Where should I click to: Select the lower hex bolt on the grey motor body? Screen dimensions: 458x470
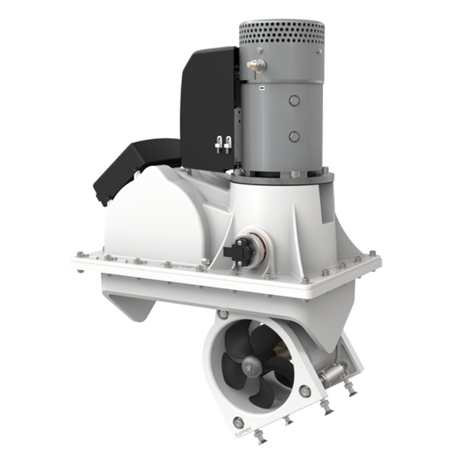(x=294, y=137)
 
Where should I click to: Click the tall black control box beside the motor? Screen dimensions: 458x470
(x=208, y=108)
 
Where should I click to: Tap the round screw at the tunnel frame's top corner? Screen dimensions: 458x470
(x=223, y=313)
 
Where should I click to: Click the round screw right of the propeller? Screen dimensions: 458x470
(x=305, y=390)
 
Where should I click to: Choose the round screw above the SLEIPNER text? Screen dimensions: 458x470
(x=239, y=421)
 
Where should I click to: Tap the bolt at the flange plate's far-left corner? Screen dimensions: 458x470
(x=79, y=255)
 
